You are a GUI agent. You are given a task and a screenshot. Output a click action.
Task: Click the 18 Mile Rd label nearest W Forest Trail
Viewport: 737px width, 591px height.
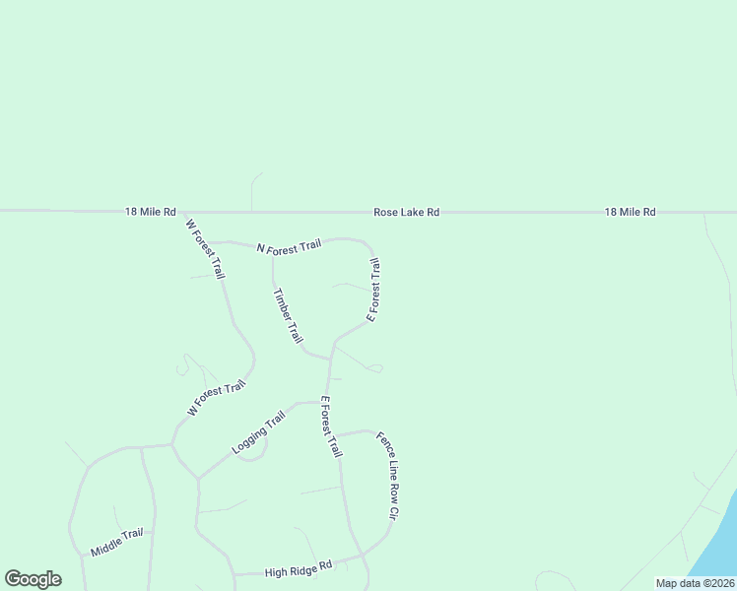pos(150,212)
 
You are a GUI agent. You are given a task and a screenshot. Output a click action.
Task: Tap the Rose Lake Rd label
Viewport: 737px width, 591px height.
pos(406,212)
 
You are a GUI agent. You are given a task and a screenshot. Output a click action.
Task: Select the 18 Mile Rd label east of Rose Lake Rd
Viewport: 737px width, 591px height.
pos(630,212)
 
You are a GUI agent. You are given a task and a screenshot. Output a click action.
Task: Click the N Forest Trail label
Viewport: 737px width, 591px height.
pos(289,247)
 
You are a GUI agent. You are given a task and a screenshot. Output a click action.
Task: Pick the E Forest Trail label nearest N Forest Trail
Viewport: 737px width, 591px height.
pos(373,290)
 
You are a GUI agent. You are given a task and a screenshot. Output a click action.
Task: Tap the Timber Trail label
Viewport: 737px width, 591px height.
pos(288,316)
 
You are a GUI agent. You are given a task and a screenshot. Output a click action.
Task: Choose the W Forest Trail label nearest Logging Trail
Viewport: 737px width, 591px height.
pos(216,399)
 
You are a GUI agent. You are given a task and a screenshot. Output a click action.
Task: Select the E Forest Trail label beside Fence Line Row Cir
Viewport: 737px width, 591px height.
pos(331,427)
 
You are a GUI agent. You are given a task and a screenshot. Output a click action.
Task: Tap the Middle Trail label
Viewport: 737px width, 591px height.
pos(117,542)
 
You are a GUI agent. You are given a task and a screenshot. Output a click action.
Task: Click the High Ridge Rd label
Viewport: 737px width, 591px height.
pos(299,569)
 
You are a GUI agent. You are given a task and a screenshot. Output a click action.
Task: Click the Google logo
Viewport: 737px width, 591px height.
pos(33,579)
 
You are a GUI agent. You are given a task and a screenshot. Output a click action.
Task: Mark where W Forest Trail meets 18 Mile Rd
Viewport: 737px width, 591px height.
pos(184,212)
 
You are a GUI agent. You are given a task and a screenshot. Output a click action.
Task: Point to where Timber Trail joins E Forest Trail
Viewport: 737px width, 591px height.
pos(329,359)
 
